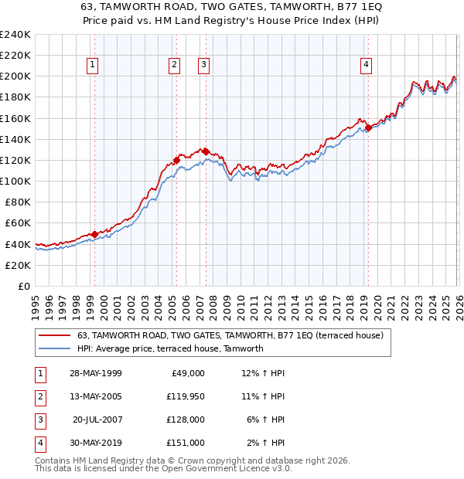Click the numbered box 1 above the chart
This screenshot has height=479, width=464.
(x=92, y=65)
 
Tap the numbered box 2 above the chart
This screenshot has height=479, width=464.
(x=175, y=65)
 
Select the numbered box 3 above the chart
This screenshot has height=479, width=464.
(x=203, y=65)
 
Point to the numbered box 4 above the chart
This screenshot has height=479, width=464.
(x=365, y=65)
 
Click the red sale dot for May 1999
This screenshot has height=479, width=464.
(x=94, y=234)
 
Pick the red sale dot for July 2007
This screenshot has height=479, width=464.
(x=206, y=151)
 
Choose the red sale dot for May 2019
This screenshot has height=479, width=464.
(x=368, y=127)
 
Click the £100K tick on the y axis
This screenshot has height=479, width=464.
(x=15, y=181)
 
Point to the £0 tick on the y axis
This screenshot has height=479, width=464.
(x=25, y=286)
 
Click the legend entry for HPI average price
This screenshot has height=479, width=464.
(x=170, y=348)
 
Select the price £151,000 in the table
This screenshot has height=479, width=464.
(x=186, y=443)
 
